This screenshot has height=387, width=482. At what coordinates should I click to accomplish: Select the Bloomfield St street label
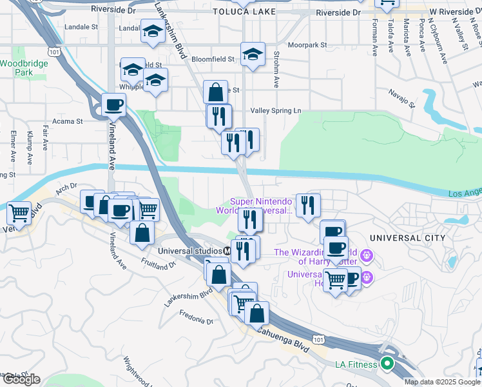pyautogui.click(x=216, y=59)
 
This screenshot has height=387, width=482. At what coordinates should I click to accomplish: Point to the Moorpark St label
pyautogui.click(x=308, y=45)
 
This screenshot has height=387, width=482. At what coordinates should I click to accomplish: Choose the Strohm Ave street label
pyautogui.click(x=276, y=70)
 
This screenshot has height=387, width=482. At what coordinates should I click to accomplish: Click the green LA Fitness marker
pyautogui.click(x=387, y=364)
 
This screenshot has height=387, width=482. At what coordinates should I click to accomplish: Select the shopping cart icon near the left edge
pyautogui.click(x=19, y=212)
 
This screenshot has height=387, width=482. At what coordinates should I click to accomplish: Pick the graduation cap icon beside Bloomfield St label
pyautogui.click(x=253, y=54)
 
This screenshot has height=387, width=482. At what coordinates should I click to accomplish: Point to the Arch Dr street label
pyautogui.click(x=66, y=188)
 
